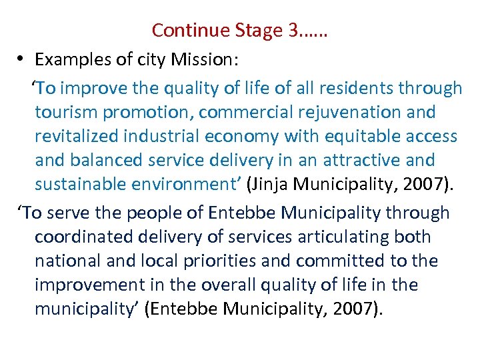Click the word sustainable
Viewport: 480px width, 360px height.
[83, 184]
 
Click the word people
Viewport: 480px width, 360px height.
[140, 213]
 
